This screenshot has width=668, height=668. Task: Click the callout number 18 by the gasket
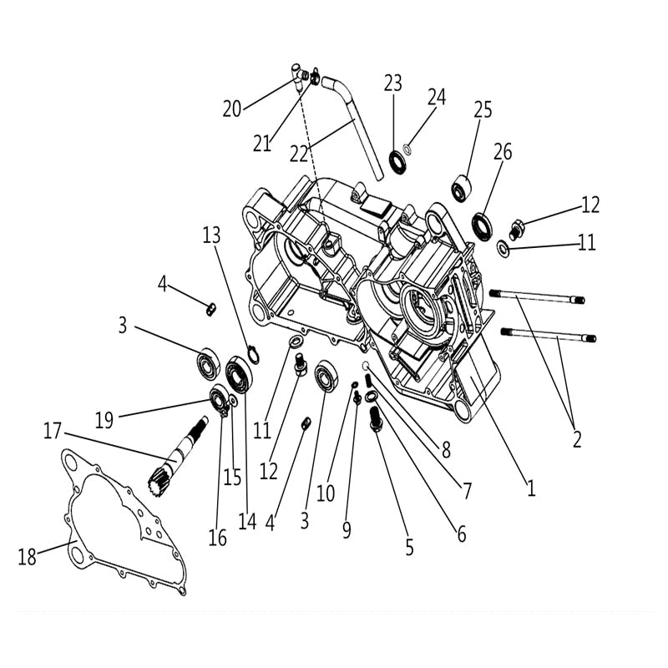(28, 557)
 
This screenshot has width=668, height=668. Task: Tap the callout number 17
(53, 432)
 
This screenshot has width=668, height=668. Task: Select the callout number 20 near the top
(231, 109)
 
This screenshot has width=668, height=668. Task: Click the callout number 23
(393, 83)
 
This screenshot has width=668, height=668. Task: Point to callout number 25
(483, 109)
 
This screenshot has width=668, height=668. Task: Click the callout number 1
(529, 487)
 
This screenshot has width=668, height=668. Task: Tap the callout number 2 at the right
(576, 438)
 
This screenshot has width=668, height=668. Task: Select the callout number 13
(212, 235)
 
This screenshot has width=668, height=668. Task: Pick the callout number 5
(408, 548)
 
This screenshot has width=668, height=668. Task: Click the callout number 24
(438, 97)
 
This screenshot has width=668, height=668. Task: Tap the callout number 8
(445, 451)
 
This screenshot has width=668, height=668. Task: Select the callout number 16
(217, 539)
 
